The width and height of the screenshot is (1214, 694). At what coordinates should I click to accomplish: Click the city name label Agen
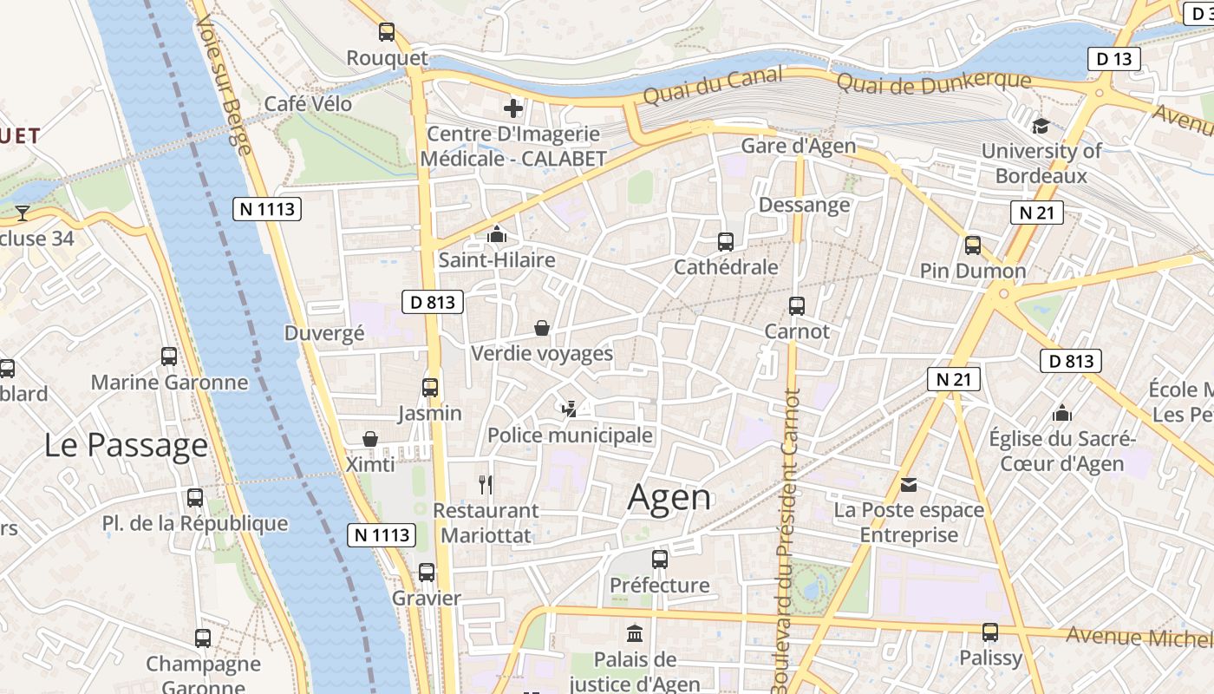[x=669, y=497]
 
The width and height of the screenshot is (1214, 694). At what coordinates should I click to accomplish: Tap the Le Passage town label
[x=126, y=445]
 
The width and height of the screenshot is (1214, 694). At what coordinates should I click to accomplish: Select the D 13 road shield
[x=1114, y=59]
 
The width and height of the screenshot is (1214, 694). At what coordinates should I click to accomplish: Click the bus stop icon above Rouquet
[x=387, y=32]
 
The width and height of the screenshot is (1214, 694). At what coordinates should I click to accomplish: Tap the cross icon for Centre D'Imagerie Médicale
[x=513, y=108]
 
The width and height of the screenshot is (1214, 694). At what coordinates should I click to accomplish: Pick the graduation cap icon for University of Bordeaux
[x=1041, y=126]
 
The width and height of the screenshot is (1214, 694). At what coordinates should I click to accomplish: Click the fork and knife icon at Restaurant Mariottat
[x=486, y=485]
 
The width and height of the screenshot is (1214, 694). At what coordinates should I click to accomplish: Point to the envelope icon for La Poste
[x=909, y=485]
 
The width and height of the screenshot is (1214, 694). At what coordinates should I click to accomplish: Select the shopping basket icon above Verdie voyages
[x=542, y=328]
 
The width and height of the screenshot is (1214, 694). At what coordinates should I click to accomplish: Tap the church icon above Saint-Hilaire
[x=496, y=234]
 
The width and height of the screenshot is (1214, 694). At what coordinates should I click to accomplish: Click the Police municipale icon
[x=570, y=409]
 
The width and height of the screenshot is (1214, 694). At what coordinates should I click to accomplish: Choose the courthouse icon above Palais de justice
[x=635, y=633]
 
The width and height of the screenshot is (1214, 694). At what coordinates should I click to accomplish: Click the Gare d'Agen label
[x=798, y=146]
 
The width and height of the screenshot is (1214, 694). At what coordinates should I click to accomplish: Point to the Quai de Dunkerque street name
[x=934, y=82]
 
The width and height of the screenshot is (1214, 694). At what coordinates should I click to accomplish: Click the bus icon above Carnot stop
[x=796, y=306]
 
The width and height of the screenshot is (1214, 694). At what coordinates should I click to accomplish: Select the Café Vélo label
[x=308, y=104]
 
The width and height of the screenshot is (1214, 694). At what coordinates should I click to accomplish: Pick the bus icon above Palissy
[x=990, y=632]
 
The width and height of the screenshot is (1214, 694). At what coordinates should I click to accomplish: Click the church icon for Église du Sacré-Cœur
[x=1062, y=414]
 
